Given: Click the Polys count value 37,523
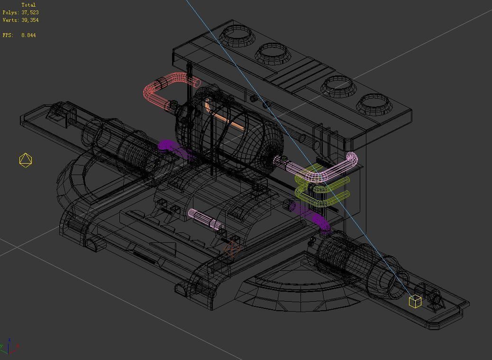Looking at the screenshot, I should pos(30,12).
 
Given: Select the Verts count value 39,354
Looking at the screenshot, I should pos(30,20).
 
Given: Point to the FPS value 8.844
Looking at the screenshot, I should pos(28,35).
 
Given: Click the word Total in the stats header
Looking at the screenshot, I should pos(28,5).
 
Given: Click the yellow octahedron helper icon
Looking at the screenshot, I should pos(26,160).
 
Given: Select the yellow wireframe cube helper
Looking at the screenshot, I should pos(415,301).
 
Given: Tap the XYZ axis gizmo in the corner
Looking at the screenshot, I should pos(9,347).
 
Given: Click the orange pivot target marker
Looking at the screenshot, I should pos(232,249).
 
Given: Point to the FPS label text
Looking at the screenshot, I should pos(8,35).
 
